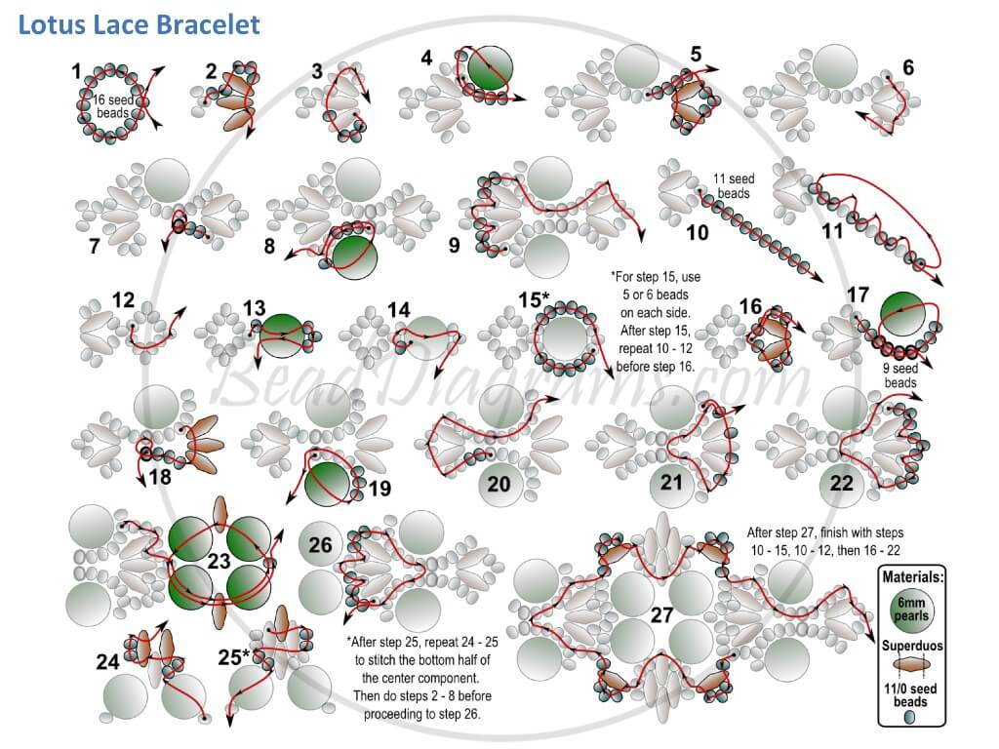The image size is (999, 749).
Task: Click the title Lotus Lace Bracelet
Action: tap(139, 24)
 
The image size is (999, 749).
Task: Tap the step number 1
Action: tap(76, 71)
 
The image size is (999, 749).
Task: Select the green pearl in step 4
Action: tap(490, 69)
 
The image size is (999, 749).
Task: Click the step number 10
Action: tap(697, 232)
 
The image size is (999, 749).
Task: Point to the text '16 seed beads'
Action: tap(113, 106)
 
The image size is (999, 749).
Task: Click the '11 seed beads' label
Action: tap(733, 186)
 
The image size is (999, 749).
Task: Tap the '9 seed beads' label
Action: tap(900, 375)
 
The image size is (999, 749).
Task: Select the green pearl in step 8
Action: tap(353, 256)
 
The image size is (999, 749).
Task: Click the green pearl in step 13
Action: tap(282, 335)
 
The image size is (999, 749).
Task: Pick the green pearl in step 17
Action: tap(902, 315)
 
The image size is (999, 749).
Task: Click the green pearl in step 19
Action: tap(328, 485)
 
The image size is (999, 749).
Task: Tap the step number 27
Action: tap(662, 614)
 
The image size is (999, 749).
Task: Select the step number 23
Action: tap(219, 561)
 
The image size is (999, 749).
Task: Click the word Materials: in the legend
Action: tap(912, 577)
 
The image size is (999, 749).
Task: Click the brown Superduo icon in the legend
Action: tap(910, 666)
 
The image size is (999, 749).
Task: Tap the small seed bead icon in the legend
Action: tap(909, 717)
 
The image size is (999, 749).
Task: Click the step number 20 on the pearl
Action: tap(499, 484)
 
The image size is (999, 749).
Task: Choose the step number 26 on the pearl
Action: tap(320, 545)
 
